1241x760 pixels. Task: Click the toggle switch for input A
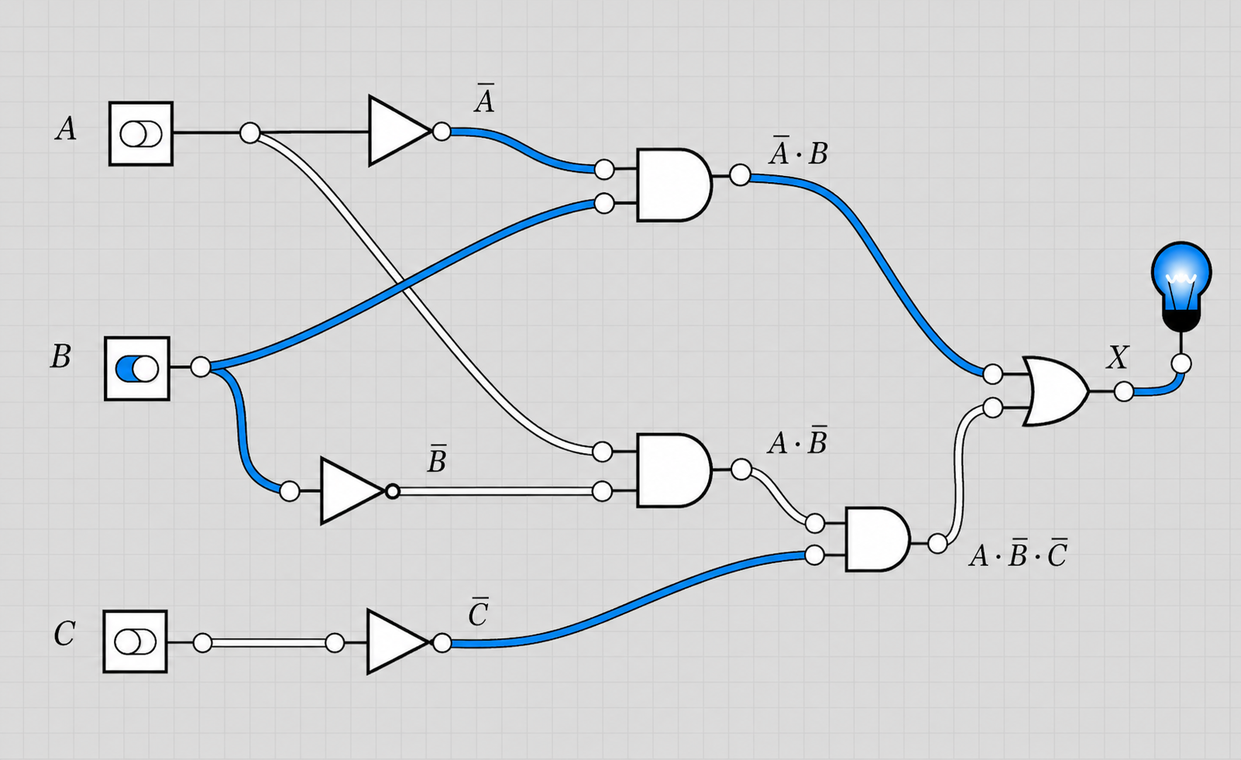(x=141, y=133)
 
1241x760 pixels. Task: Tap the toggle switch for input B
(x=137, y=368)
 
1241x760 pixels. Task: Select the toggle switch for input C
(x=136, y=641)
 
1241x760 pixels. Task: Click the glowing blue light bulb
(x=1181, y=285)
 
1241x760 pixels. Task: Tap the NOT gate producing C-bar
(x=397, y=642)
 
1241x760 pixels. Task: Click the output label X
(x=1117, y=357)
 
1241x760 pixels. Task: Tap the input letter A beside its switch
(x=66, y=129)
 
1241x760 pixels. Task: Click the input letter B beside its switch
(x=61, y=356)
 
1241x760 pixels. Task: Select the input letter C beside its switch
(x=64, y=634)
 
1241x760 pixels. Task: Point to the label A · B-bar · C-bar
(x=1018, y=552)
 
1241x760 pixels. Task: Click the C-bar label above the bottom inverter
(x=478, y=611)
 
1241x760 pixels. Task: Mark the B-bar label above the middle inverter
(x=437, y=458)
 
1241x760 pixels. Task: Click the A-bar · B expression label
(x=799, y=150)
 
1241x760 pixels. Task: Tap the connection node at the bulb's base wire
(x=1181, y=364)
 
